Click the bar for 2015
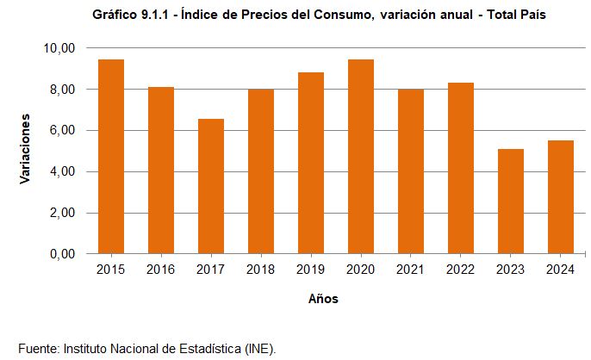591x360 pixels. coord(111,157)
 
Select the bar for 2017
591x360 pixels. coord(211,187)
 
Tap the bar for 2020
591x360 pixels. coord(361,157)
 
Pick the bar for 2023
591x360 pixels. coord(511,202)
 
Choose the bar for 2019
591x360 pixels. coord(311,164)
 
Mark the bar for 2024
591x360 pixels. coord(561,197)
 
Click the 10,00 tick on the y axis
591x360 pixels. coord(58,48)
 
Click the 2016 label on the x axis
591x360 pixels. coord(161,270)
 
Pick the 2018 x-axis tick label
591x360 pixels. coord(261,270)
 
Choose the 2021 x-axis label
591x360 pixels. coord(411,270)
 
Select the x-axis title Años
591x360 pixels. coord(323,300)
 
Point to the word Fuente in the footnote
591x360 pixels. coord(37,348)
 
